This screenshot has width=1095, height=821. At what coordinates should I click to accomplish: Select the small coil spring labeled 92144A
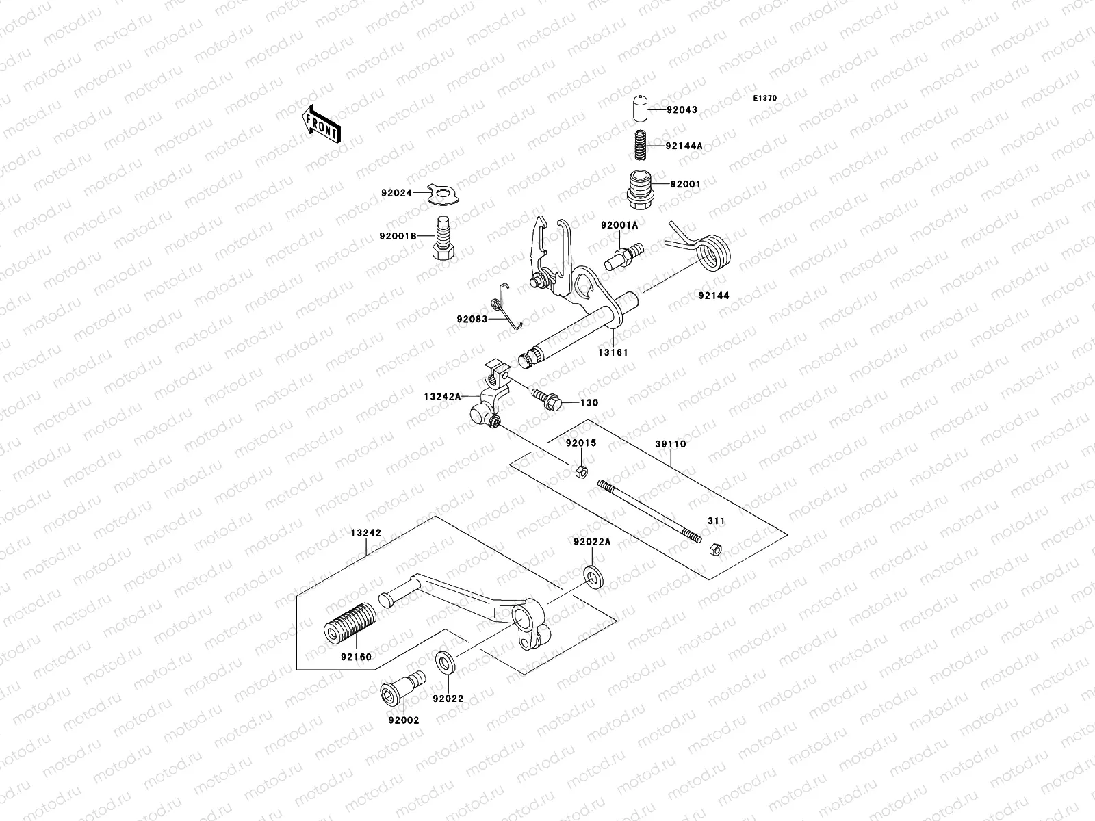tap(639, 145)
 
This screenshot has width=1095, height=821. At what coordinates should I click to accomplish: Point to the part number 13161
tap(614, 352)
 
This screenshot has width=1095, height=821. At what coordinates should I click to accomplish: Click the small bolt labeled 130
tap(545, 399)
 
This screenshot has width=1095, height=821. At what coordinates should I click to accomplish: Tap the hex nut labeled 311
tap(715, 548)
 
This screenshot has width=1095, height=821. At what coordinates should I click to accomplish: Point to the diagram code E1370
tap(765, 99)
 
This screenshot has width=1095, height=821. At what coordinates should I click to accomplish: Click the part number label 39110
tap(670, 444)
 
